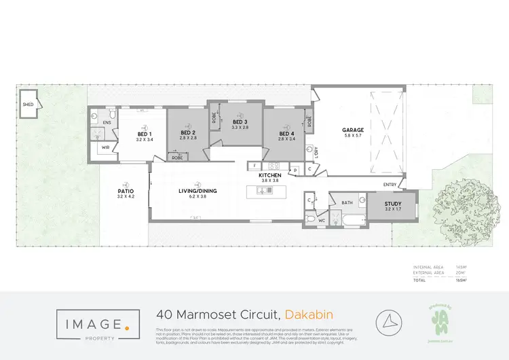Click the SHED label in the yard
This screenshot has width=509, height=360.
tap(28, 105)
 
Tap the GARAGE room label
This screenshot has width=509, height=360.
tap(353, 130)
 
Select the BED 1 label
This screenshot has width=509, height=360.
tap(144, 134)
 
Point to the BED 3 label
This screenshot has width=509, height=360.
tap(240, 121)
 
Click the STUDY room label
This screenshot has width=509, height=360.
tap(393, 204)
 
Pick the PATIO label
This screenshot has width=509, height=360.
tap(126, 191)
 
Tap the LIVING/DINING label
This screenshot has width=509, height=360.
tap(198, 191)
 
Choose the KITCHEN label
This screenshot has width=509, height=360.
tap(269, 175)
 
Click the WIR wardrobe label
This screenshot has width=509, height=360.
tap(106, 147)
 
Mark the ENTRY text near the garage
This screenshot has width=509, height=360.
tap(390, 184)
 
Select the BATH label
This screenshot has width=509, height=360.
tap(347, 202)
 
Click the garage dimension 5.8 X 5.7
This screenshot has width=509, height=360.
tap(353, 136)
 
